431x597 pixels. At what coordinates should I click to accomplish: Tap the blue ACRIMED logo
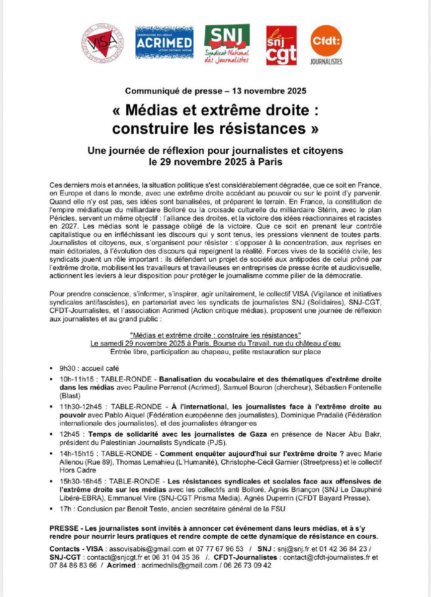tap(164, 45)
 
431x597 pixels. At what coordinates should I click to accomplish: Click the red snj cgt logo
tap(281, 45)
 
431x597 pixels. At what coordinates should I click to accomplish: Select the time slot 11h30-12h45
tap(81, 406)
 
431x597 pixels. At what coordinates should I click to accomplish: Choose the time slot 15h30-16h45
tap(81, 481)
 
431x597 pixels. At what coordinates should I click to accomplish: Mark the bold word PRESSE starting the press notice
tap(64, 527)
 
